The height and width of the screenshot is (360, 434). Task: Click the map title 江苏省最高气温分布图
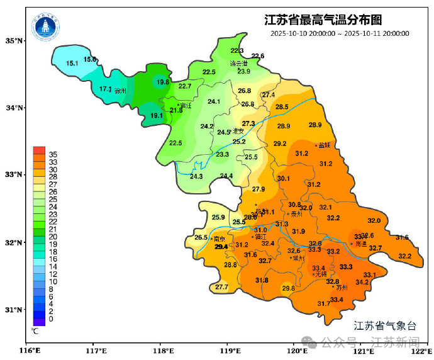coord(323,20)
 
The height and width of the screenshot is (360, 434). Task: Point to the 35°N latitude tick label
coord(13,41)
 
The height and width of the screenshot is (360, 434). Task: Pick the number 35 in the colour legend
coord(53,154)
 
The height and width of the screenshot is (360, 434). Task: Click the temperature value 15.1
coord(72,64)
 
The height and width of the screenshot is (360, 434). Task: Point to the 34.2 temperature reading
coord(362,283)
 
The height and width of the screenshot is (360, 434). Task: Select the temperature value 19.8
coord(163,82)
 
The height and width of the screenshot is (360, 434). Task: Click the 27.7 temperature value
coord(221,287)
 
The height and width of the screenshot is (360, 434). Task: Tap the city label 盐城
coord(324,145)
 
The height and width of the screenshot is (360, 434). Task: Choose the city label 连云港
coord(238,64)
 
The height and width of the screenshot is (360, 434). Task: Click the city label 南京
coord(220,239)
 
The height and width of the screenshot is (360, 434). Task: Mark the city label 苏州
coord(342,288)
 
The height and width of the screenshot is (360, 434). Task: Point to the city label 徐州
coord(121,91)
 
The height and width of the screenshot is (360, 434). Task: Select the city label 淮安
coord(238,132)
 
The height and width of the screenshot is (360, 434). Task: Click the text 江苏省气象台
coord(385,325)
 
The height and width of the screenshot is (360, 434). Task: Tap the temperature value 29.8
coord(288,289)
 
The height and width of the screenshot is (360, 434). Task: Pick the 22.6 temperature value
coord(257,57)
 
